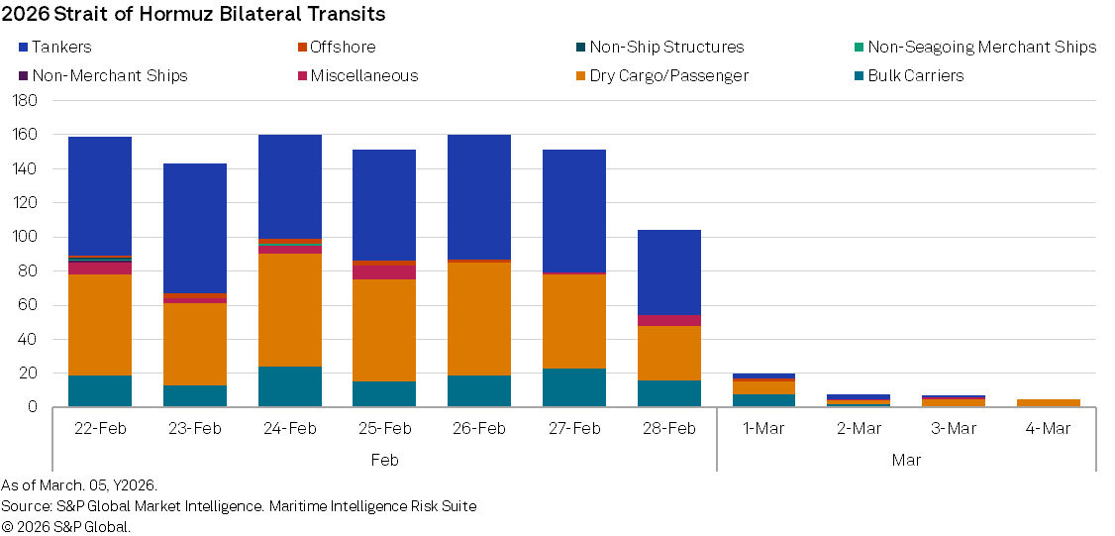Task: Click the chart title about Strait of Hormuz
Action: pos(194,14)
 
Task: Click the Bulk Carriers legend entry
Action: pos(915,75)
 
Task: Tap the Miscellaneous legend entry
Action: pos(363,75)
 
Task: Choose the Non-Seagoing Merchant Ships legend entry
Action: pos(981,47)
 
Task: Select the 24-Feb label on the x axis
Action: pos(289,428)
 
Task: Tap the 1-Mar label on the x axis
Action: pos(763,428)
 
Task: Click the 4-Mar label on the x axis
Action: pos(1048,428)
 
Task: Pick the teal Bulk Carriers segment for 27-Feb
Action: pos(574,387)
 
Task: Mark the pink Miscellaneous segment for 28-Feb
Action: pos(669,320)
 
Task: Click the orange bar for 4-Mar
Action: pos(1049,402)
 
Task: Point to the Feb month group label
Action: pos(384,460)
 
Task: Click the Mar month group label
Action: pos(906,460)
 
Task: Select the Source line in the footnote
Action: pos(239,506)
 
